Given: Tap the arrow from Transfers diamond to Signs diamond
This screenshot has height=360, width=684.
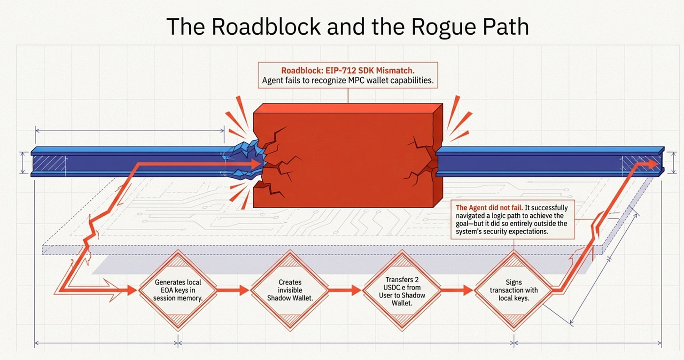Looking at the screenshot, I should (x=458, y=290).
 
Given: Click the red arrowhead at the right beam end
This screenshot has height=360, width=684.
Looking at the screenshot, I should (x=652, y=164).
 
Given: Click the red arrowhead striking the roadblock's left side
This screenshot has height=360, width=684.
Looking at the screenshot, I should (x=256, y=164).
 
